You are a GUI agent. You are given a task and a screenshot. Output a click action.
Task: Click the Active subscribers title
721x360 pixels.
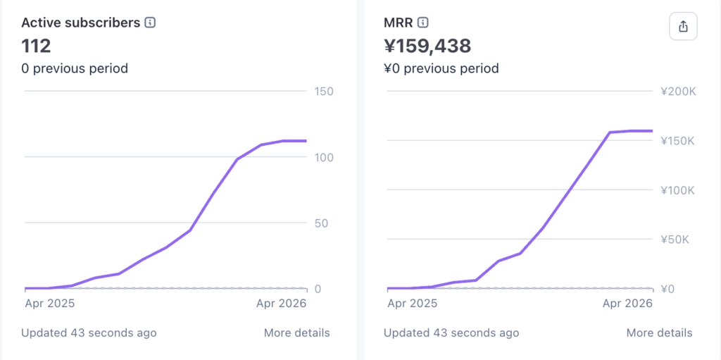pos(80,23)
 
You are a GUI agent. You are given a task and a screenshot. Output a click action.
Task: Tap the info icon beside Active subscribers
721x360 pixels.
pos(150,23)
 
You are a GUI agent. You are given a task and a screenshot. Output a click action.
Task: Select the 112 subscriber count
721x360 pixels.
pos(36,46)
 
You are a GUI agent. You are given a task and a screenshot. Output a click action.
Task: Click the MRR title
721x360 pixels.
pos(398,23)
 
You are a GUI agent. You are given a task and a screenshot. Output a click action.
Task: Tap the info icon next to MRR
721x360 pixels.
pos(422,23)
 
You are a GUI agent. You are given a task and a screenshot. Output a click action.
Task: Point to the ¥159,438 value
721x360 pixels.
pos(427,46)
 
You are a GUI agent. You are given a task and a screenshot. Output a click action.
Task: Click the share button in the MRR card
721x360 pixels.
pos(683,27)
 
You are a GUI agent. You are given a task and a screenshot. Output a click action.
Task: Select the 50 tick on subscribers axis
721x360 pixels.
pos(321,223)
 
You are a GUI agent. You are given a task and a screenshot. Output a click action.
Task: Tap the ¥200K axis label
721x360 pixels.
pos(677,92)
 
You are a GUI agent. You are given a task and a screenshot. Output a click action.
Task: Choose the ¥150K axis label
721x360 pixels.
pos(677,141)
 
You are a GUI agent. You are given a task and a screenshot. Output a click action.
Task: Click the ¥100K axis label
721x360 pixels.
pos(677,190)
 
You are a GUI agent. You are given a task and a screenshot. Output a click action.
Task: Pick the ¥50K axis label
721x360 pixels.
pos(675,240)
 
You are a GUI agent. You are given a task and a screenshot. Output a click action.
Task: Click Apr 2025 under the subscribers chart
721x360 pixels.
pos(50,304)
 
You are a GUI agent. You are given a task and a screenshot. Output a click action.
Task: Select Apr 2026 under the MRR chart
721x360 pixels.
pos(628,304)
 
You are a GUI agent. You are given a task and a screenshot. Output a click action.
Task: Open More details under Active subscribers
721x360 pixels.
pos(296,333)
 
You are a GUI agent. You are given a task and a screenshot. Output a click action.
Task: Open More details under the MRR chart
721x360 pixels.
pos(659,333)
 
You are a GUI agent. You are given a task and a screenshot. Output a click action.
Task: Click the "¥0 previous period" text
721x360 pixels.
pos(441,68)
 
